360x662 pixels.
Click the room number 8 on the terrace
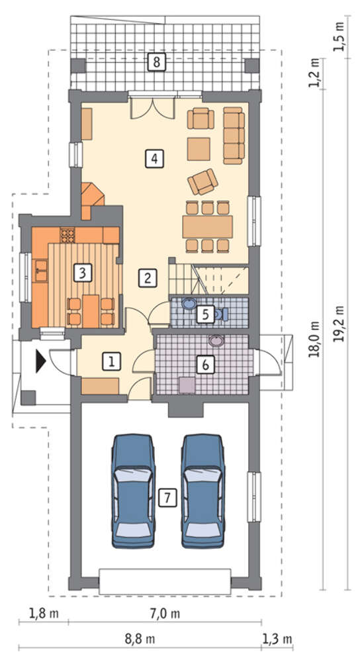point(157,62)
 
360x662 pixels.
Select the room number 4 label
point(154,159)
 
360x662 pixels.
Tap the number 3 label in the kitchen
point(82,273)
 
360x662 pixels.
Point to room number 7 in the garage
point(167,498)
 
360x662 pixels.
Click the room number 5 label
point(205,314)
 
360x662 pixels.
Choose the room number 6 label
point(206,365)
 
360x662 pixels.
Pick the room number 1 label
point(111,361)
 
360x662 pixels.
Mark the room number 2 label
point(148,278)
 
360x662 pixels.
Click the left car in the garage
point(133,491)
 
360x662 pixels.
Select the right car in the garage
point(203,491)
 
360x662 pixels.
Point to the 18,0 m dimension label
point(314,339)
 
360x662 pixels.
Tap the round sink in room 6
point(217,341)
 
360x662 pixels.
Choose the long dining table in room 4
point(207,226)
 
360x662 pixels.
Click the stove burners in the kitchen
point(67,235)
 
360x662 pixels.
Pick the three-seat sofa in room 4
point(234,136)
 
